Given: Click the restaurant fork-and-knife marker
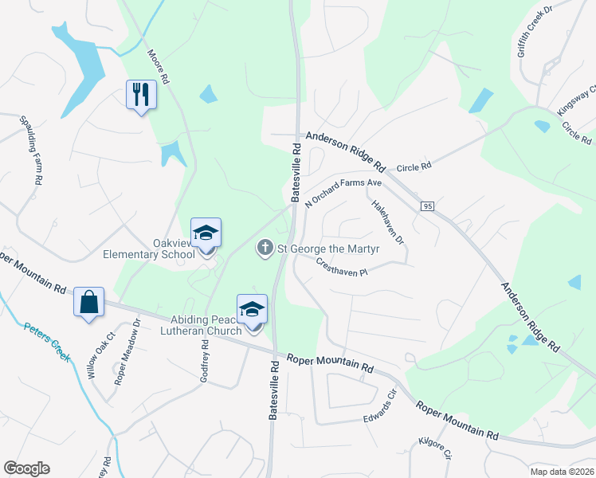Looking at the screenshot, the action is coord(142,95).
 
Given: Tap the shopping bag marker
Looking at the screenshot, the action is coord(88,302).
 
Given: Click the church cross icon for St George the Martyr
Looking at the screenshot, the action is coord(265,249).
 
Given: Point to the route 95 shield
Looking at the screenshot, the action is coord(428,206).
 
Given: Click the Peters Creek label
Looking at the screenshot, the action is coord(47,342).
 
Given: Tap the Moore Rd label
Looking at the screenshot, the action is coord(158,68).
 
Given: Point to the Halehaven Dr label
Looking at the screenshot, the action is coord(389,221).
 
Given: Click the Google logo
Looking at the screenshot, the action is coord(26,468).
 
